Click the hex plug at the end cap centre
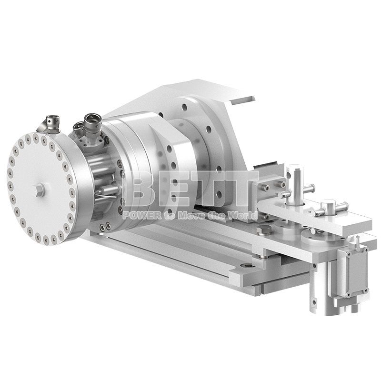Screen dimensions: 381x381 [40, 190]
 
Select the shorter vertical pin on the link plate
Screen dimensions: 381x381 [329, 207]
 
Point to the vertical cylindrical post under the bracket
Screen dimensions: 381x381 [319, 291]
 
